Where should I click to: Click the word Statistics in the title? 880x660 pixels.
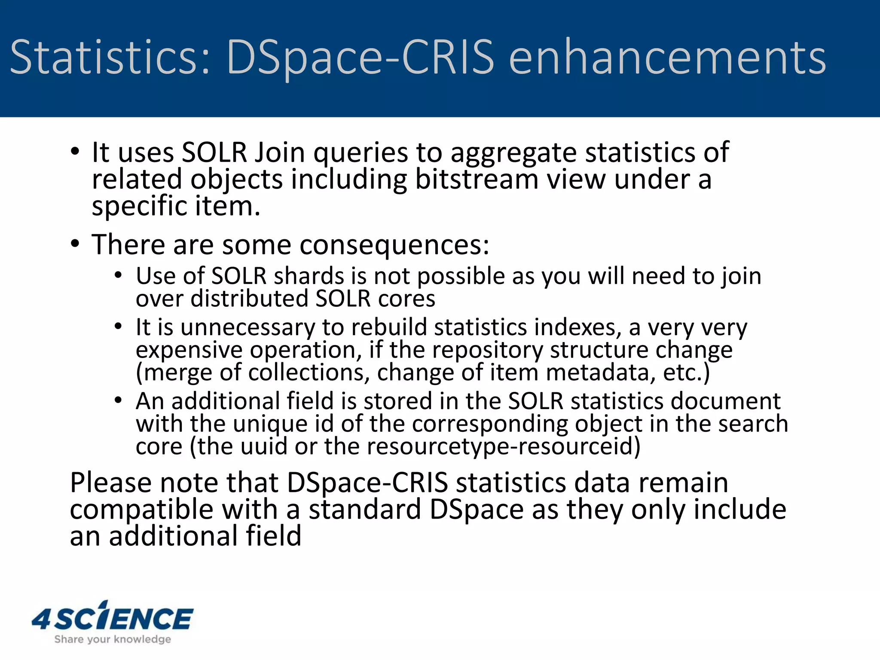pos(110,57)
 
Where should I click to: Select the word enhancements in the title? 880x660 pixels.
pos(667,57)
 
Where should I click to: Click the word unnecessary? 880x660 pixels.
pos(247,327)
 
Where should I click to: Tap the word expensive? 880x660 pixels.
pos(189,350)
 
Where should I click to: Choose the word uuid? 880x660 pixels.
pos(263,446)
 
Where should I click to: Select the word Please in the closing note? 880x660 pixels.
pos(110,483)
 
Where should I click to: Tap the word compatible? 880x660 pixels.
pos(141,510)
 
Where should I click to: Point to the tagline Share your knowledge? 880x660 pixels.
pos(113,639)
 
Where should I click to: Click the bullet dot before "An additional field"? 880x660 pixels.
pos(119,400)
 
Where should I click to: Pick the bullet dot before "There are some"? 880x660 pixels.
pos(75,244)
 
